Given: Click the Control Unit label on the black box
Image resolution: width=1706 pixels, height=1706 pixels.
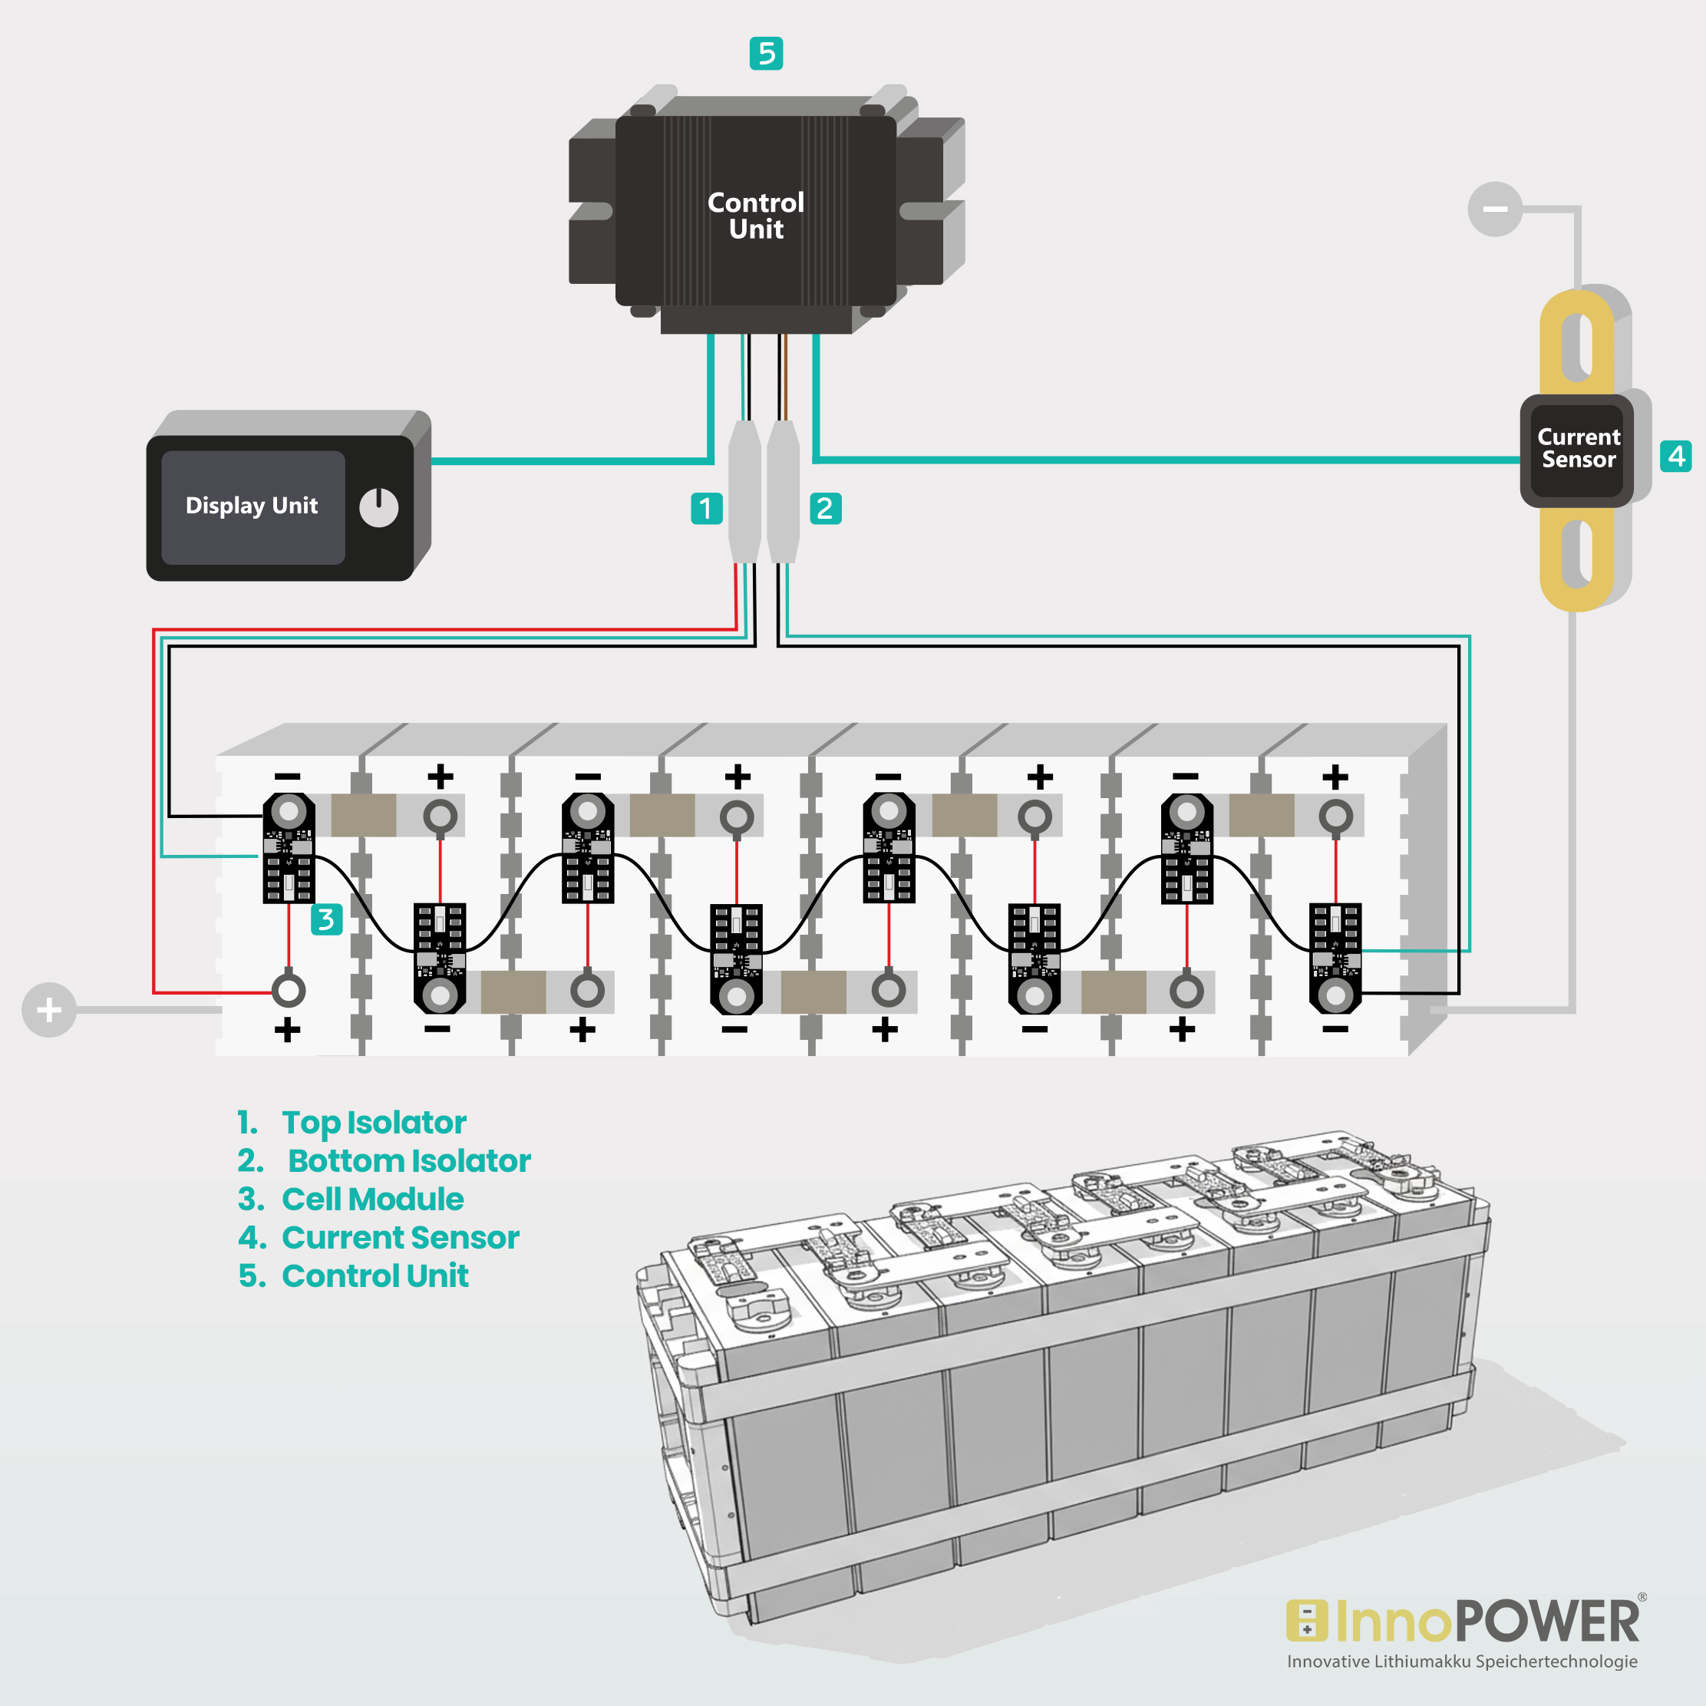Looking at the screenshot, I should point(756,216).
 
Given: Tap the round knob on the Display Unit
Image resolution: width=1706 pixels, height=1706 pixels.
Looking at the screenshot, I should point(379,508).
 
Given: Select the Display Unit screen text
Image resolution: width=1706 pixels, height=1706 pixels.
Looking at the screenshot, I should point(252,506).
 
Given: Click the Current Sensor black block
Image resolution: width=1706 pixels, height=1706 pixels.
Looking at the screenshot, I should point(1577,450).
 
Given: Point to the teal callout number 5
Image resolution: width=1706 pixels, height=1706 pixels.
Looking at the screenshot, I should point(766,54).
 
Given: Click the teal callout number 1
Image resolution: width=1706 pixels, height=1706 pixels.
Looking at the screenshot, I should point(706,509).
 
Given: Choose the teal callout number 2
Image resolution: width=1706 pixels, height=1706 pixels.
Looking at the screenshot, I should point(825,509).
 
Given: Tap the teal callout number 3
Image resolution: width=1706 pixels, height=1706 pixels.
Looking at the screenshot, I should point(326,920).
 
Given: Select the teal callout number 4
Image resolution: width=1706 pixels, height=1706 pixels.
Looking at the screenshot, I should point(1675,457).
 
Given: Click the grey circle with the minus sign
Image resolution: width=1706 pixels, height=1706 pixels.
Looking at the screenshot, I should point(1494,210).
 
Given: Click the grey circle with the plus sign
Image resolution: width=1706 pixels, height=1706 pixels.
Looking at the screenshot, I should point(49,1009).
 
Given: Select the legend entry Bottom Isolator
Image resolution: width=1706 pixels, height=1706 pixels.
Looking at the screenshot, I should point(408,1160).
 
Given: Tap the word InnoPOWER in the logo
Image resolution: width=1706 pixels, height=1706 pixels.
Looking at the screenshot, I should point(1487,1622).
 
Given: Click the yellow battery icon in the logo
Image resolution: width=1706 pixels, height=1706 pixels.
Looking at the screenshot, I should point(1307,1622).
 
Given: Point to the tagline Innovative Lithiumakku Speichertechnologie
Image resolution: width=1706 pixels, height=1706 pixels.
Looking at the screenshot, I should point(1462,1661).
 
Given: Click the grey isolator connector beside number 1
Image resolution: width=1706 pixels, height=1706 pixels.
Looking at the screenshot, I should point(744,492).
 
